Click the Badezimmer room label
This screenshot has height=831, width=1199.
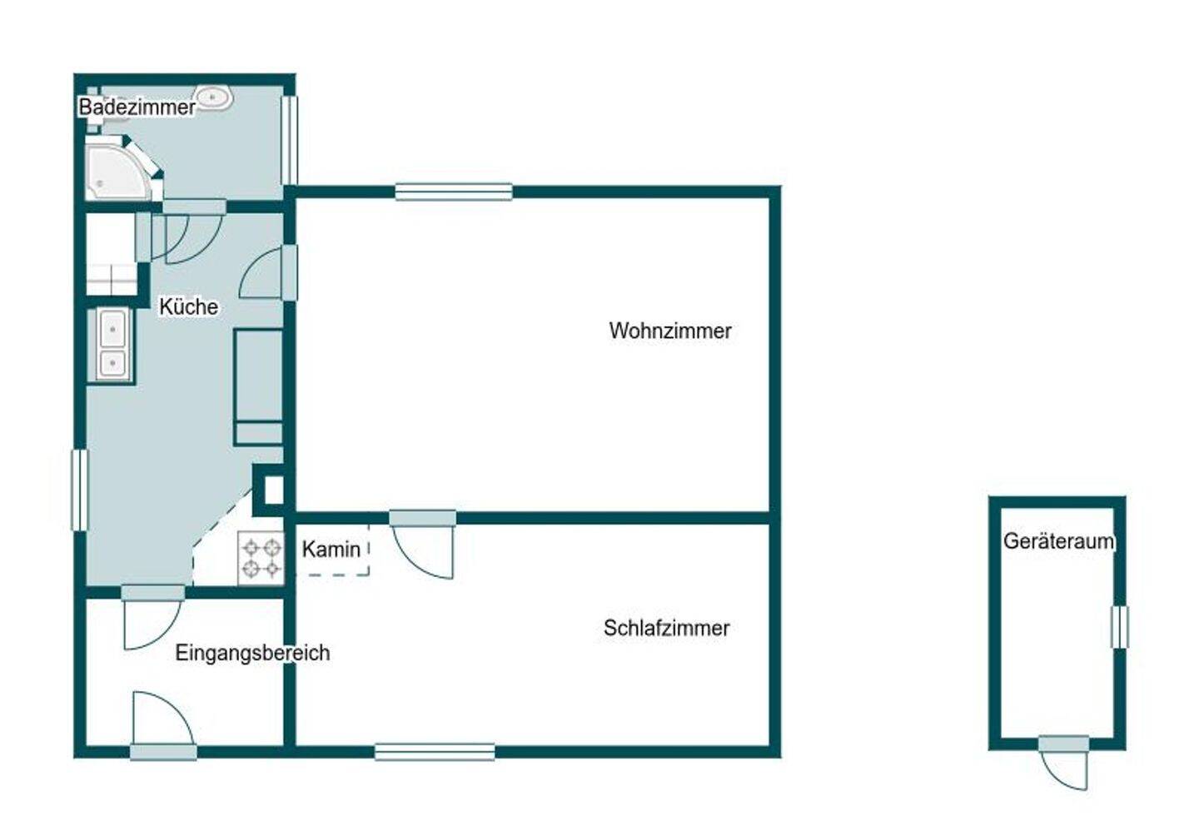(137, 107)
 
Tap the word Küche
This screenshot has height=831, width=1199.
(189, 306)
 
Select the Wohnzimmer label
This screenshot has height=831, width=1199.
(670, 331)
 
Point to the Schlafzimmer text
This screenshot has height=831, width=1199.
(666, 628)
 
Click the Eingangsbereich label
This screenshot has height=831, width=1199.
(252, 653)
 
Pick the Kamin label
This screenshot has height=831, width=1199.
(331, 549)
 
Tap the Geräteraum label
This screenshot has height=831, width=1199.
(1058, 540)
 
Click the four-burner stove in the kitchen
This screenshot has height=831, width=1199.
(261, 557)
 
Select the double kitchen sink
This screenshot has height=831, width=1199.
(113, 346)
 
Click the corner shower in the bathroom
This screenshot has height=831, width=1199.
(121, 170)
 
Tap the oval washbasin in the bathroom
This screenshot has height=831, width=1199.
(214, 97)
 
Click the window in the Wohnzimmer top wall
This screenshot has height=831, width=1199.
(454, 192)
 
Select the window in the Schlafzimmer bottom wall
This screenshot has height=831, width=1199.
(435, 752)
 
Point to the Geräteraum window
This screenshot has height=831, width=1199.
(1119, 627)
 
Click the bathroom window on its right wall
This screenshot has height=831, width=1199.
(289, 140)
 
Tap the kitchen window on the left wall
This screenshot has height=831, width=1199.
(79, 490)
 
